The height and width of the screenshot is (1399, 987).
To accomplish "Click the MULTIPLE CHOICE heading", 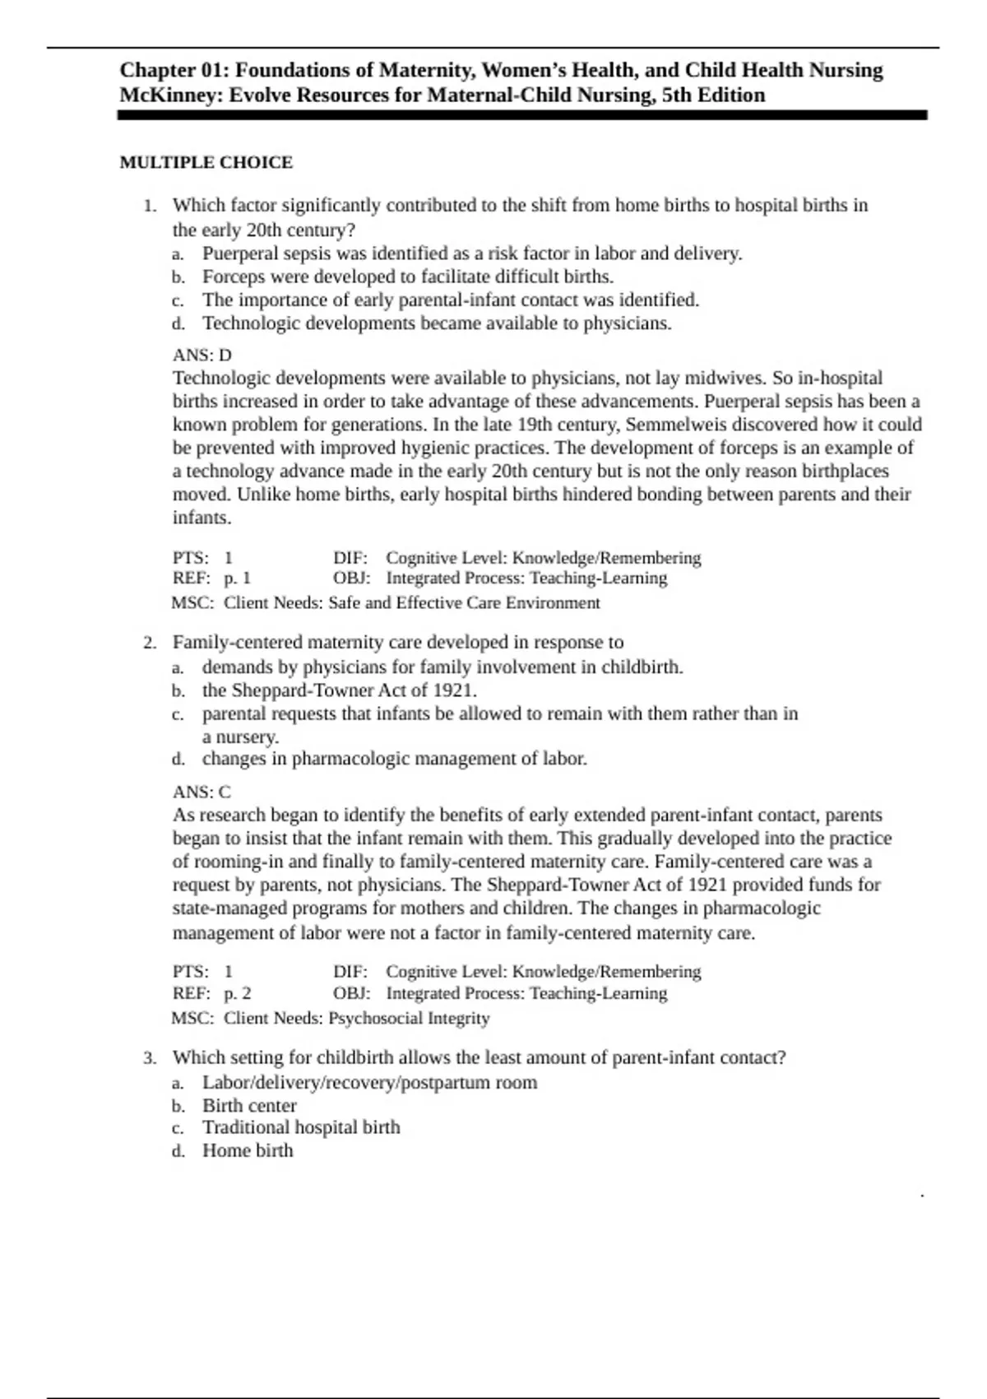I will pos(206,162).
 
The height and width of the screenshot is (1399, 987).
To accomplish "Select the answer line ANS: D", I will pos(202,355).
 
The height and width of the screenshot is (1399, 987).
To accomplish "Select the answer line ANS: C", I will pos(202,792).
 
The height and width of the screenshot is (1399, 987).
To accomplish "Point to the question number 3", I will pos(149,1057).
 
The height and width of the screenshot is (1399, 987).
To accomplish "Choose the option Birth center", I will pos(249,1105).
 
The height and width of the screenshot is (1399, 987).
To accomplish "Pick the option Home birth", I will pos(248,1150).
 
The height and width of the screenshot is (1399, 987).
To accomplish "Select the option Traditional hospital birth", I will pos(301,1127).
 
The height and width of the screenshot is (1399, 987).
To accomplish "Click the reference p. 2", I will pos(237,993).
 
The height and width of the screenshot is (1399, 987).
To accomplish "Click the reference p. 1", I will pos(237,578).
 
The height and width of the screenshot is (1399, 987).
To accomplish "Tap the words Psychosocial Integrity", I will pos(409,1018).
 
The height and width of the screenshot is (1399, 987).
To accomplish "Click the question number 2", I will pos(149,643).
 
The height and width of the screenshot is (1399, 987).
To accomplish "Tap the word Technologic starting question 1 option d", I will pos(252,323).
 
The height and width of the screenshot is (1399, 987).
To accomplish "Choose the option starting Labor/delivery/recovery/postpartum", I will pos(369,1082).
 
